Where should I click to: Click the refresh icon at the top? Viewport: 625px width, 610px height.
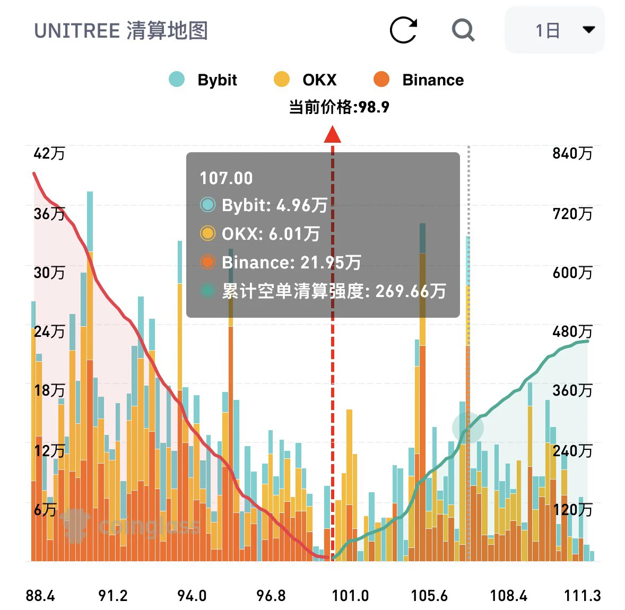pyautogui.click(x=403, y=30)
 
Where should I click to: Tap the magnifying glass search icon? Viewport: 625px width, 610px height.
pyautogui.click(x=463, y=30)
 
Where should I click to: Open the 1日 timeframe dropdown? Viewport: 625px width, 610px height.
pyautogui.click(x=554, y=30)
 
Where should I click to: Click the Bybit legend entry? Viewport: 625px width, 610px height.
pyautogui.click(x=203, y=80)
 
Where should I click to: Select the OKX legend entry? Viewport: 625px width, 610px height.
pyautogui.click(x=305, y=80)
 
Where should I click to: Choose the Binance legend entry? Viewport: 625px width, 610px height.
pyautogui.click(x=419, y=80)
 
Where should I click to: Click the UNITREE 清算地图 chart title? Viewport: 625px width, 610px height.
pyautogui.click(x=121, y=31)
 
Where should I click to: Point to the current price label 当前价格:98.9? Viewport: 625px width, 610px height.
pyautogui.click(x=339, y=107)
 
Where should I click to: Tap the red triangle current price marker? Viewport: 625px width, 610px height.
pyautogui.click(x=333, y=134)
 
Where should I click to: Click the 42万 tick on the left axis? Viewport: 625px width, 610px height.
pyautogui.click(x=49, y=153)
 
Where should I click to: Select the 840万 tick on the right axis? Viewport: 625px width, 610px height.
pyautogui.click(x=572, y=153)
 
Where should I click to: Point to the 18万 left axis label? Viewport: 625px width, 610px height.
pyautogui.click(x=49, y=390)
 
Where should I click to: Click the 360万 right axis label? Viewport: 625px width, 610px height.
pyautogui.click(x=572, y=390)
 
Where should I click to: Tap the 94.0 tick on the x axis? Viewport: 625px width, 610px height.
pyautogui.click(x=192, y=596)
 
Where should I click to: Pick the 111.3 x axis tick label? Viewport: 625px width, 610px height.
pyautogui.click(x=583, y=596)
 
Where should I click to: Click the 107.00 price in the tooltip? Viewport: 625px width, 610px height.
pyautogui.click(x=226, y=178)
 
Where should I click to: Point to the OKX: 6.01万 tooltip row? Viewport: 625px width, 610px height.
pyautogui.click(x=260, y=233)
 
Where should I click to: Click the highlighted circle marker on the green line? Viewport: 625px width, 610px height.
pyautogui.click(x=468, y=428)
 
